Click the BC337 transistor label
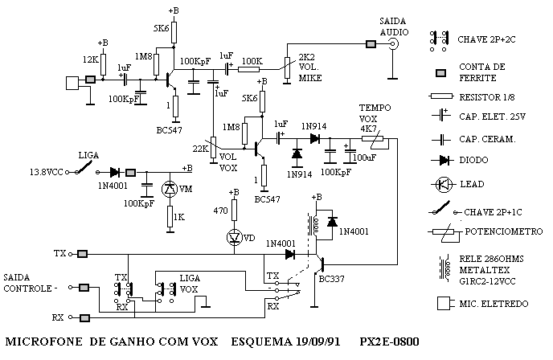point(331,280)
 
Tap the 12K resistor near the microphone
point(103,64)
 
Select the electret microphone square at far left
point(72,84)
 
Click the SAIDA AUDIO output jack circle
point(393,44)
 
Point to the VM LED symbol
point(170,189)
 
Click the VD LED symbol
point(234,237)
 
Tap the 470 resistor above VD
point(234,211)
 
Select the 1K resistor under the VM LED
point(170,217)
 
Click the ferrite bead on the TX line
point(83,254)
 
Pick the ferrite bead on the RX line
point(84,318)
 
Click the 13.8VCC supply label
point(46,172)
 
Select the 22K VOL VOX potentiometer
point(213,147)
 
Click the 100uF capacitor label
point(364,157)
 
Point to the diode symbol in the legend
point(442,161)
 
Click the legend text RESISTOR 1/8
point(487,97)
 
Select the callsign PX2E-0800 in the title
point(389,342)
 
